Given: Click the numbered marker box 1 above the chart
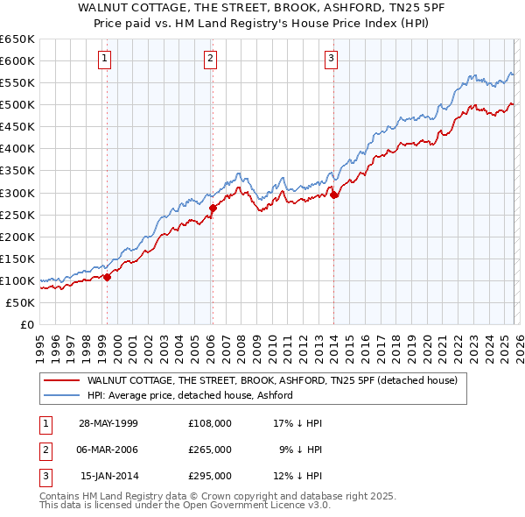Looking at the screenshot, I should pyautogui.click(x=104, y=59).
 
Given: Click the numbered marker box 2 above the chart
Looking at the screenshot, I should pyautogui.click(x=211, y=59).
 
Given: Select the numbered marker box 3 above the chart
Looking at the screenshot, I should pyautogui.click(x=332, y=59).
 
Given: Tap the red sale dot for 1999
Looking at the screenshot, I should pyautogui.click(x=108, y=277).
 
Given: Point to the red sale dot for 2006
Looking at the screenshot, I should pyautogui.click(x=213, y=209).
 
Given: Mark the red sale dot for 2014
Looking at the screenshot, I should pyautogui.click(x=334, y=195).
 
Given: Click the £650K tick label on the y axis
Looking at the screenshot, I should pyautogui.click(x=17, y=39).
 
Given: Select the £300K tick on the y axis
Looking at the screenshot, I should pyautogui.click(x=17, y=193).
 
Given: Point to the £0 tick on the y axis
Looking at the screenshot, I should pyautogui.click(x=26, y=324).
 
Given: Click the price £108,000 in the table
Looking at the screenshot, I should pyautogui.click(x=210, y=422).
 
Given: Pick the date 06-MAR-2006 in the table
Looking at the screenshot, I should pyautogui.click(x=108, y=450).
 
